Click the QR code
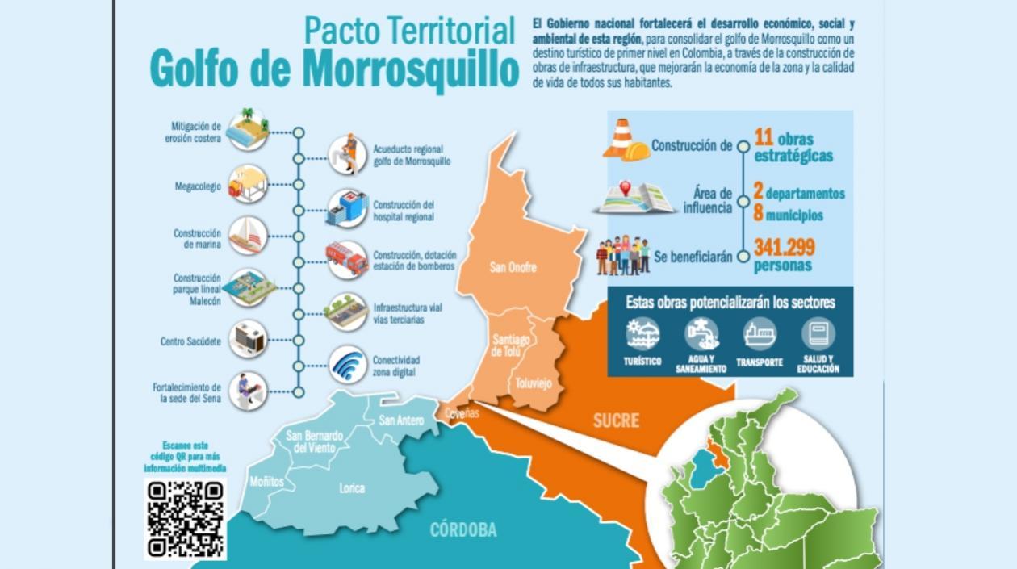click(x=186, y=518)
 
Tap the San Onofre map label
click(x=513, y=267)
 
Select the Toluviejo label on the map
click(x=534, y=383)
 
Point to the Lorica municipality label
click(x=352, y=487)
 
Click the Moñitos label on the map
click(x=266, y=482)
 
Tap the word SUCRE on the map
click(x=616, y=420)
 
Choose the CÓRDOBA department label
click(x=462, y=530)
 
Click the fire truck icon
click(x=347, y=259)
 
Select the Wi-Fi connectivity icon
click(x=348, y=365)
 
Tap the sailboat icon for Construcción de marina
click(x=248, y=235)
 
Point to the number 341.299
click(x=784, y=247)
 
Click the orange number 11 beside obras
click(x=764, y=137)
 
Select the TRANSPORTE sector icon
click(x=760, y=333)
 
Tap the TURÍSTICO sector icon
click(x=642, y=333)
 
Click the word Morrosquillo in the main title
click(x=410, y=71)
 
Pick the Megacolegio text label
click(x=198, y=186)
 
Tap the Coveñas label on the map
click(x=461, y=413)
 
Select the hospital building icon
click(x=348, y=207)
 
